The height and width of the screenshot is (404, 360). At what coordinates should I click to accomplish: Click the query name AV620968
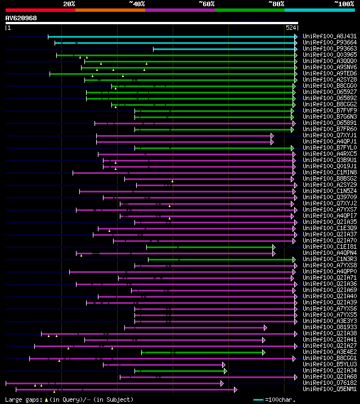pyautogui.click(x=21, y=18)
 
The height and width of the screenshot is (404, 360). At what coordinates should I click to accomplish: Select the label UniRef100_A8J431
pyautogui.click(x=329, y=36)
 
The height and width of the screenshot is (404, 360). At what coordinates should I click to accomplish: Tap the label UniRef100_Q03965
pyautogui.click(x=329, y=55)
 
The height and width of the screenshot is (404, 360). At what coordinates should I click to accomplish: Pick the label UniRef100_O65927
pyautogui.click(x=329, y=92)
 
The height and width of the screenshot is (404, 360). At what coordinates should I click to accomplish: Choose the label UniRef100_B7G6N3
pyautogui.click(x=329, y=116)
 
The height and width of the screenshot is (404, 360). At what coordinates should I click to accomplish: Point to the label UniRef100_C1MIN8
pyautogui.click(x=329, y=172)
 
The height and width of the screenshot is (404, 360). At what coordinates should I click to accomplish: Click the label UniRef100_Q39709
pyautogui.click(x=329, y=197)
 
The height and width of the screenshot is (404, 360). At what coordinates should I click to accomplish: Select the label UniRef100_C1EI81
pyautogui.click(x=329, y=246)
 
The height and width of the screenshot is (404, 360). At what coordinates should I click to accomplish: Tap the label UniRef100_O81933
pyautogui.click(x=329, y=327)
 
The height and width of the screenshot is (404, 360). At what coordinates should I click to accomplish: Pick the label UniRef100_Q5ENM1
pyautogui.click(x=329, y=389)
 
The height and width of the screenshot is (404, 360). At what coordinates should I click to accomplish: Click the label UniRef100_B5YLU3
pyautogui.click(x=329, y=364)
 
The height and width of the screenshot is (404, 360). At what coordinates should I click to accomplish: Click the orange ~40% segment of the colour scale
pyautogui.click(x=110, y=10)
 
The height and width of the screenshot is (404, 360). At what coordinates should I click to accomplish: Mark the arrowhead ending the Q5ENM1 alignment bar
pyautogui.click(x=235, y=389)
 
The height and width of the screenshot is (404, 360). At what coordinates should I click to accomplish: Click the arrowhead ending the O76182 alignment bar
pyautogui.click(x=222, y=383)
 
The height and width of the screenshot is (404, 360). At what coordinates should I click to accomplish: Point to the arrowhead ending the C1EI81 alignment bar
pyautogui.click(x=274, y=246)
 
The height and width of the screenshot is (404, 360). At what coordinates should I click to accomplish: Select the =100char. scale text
pyautogui.click(x=280, y=399)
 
